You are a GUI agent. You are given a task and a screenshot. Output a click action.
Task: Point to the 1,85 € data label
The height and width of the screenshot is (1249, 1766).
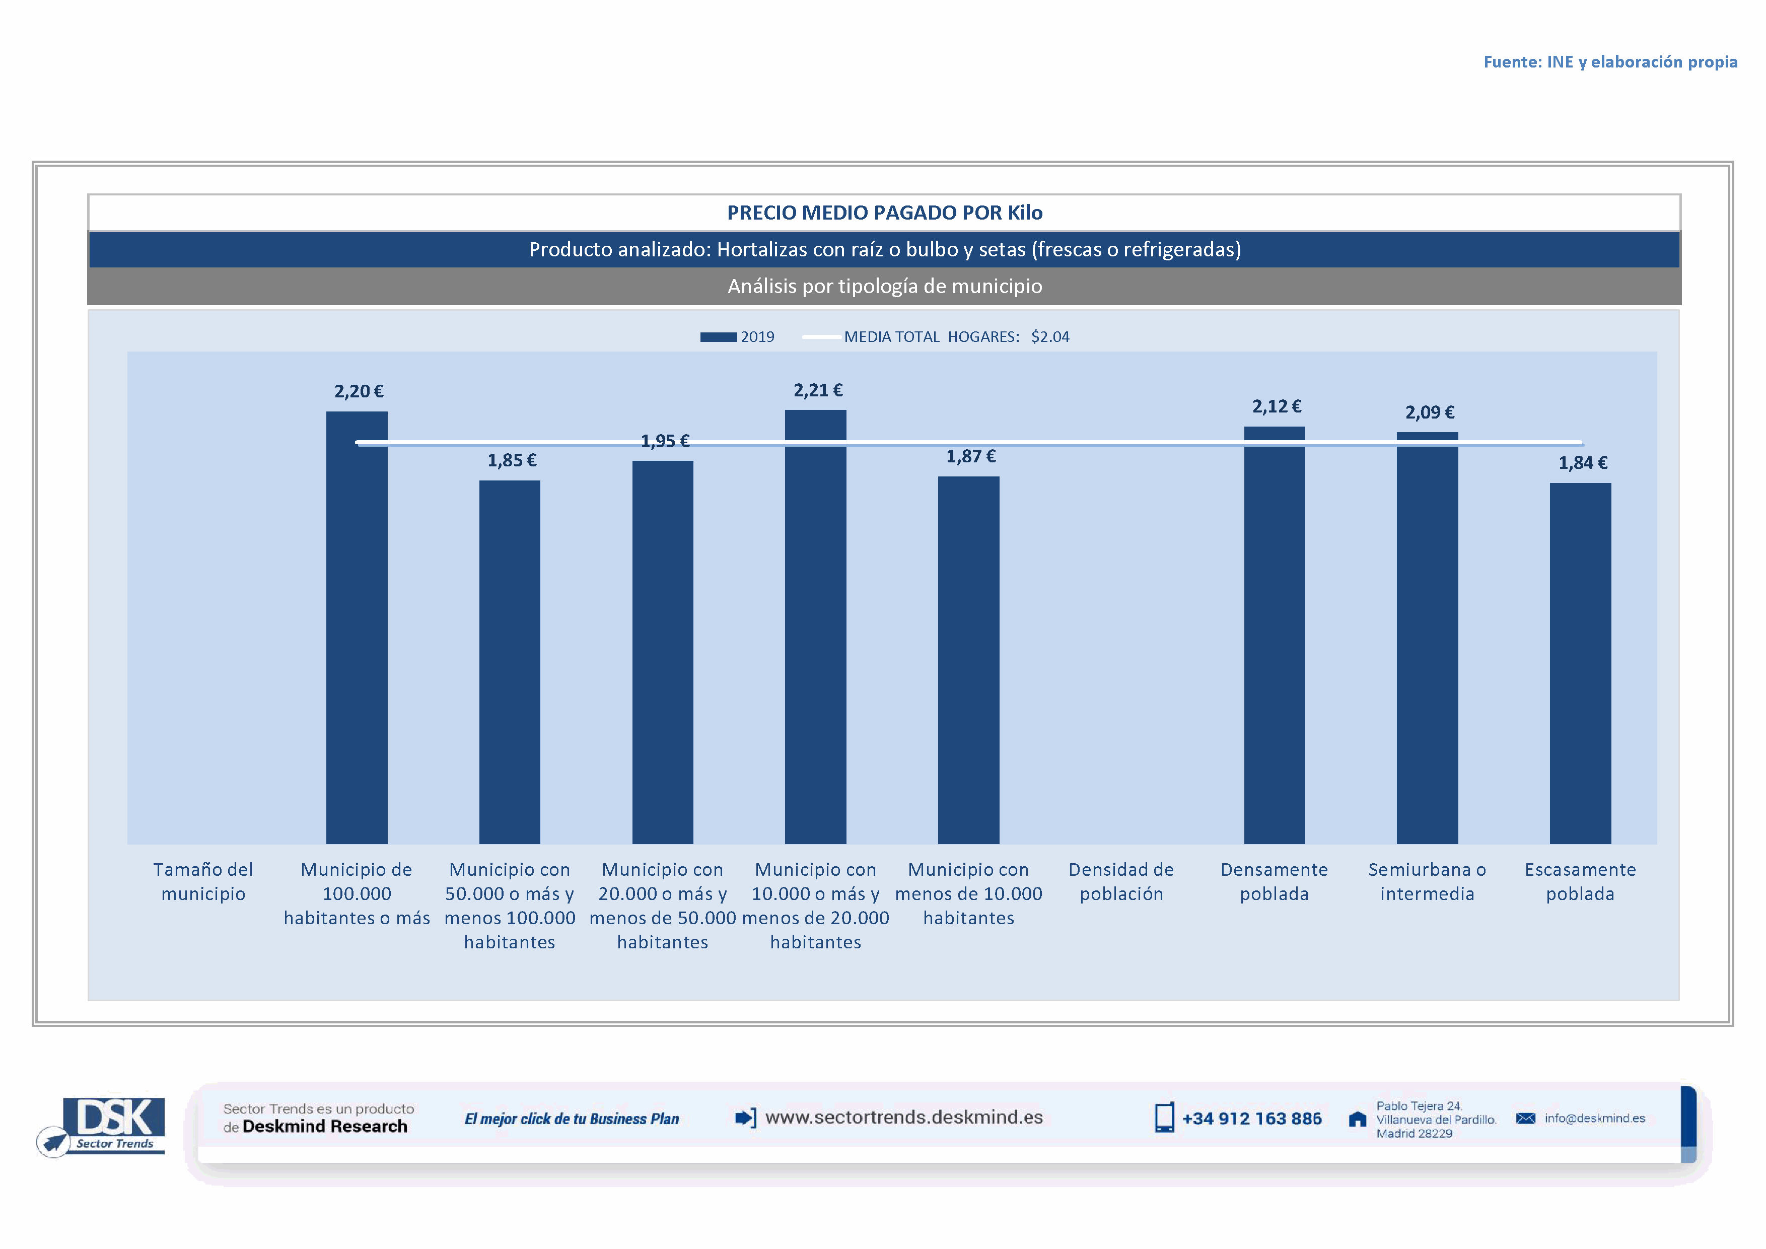tap(512, 461)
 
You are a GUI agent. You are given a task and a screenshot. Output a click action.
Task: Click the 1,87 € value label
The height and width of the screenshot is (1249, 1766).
tap(971, 457)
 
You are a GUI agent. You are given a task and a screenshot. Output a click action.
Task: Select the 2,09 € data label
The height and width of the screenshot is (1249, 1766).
tap(1429, 412)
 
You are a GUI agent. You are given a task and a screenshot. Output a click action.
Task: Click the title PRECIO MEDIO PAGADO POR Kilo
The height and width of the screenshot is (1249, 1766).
tap(885, 213)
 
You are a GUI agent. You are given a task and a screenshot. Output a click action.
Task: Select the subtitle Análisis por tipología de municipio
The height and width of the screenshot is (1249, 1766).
tap(885, 286)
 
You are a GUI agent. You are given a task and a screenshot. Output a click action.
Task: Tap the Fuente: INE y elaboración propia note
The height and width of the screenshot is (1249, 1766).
tap(1610, 62)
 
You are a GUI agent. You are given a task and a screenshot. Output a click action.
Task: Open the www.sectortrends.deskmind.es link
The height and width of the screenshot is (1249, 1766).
tap(904, 1118)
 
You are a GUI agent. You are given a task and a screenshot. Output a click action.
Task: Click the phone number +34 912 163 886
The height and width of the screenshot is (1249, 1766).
tap(1251, 1119)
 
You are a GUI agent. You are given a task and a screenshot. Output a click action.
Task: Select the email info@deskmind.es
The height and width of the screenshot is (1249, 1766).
tap(1594, 1118)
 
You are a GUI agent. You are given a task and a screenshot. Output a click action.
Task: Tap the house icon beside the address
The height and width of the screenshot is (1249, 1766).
tap(1358, 1120)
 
